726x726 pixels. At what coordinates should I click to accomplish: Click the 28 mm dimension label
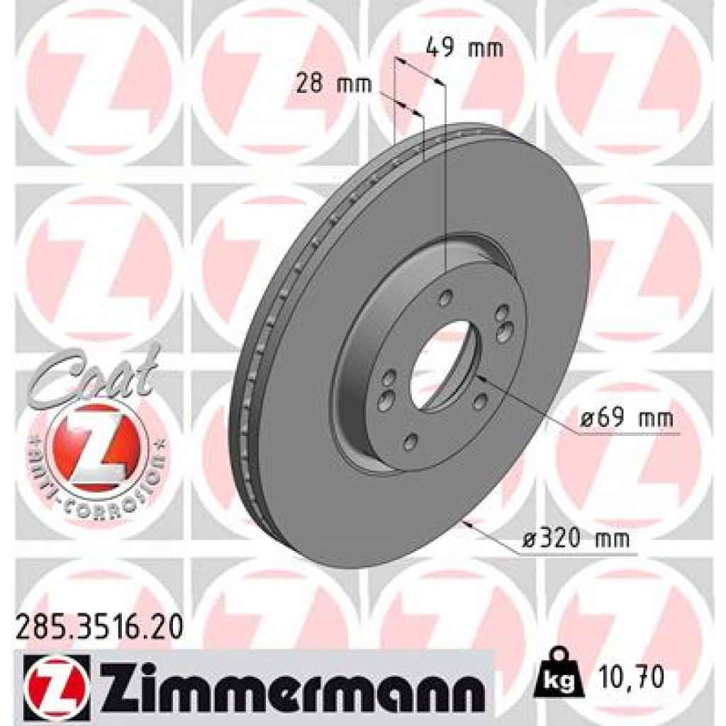coord(334,84)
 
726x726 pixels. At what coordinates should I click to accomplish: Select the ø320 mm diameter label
coord(576,540)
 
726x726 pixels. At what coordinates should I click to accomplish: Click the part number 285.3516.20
coord(99,625)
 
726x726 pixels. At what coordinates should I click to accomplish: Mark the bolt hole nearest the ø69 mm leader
coord(481,402)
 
